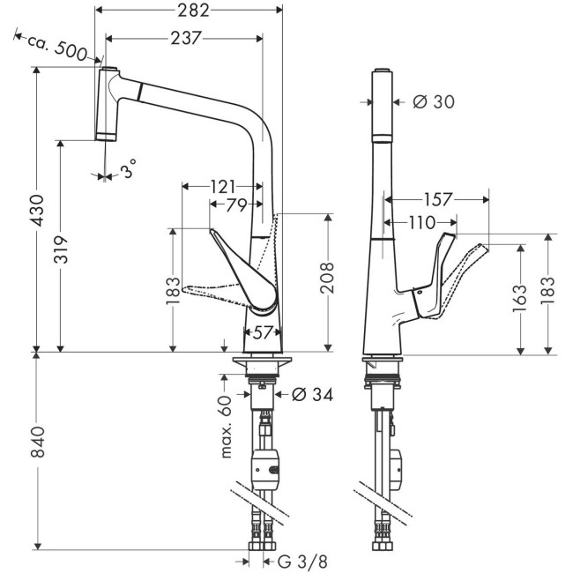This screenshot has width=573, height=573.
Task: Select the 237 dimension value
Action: (x=182, y=37)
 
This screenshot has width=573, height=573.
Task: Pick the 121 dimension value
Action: (x=222, y=186)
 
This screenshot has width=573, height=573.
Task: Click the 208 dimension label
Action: (x=327, y=279)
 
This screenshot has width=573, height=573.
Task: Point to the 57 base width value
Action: (x=263, y=332)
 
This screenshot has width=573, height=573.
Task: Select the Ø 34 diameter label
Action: (x=310, y=396)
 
